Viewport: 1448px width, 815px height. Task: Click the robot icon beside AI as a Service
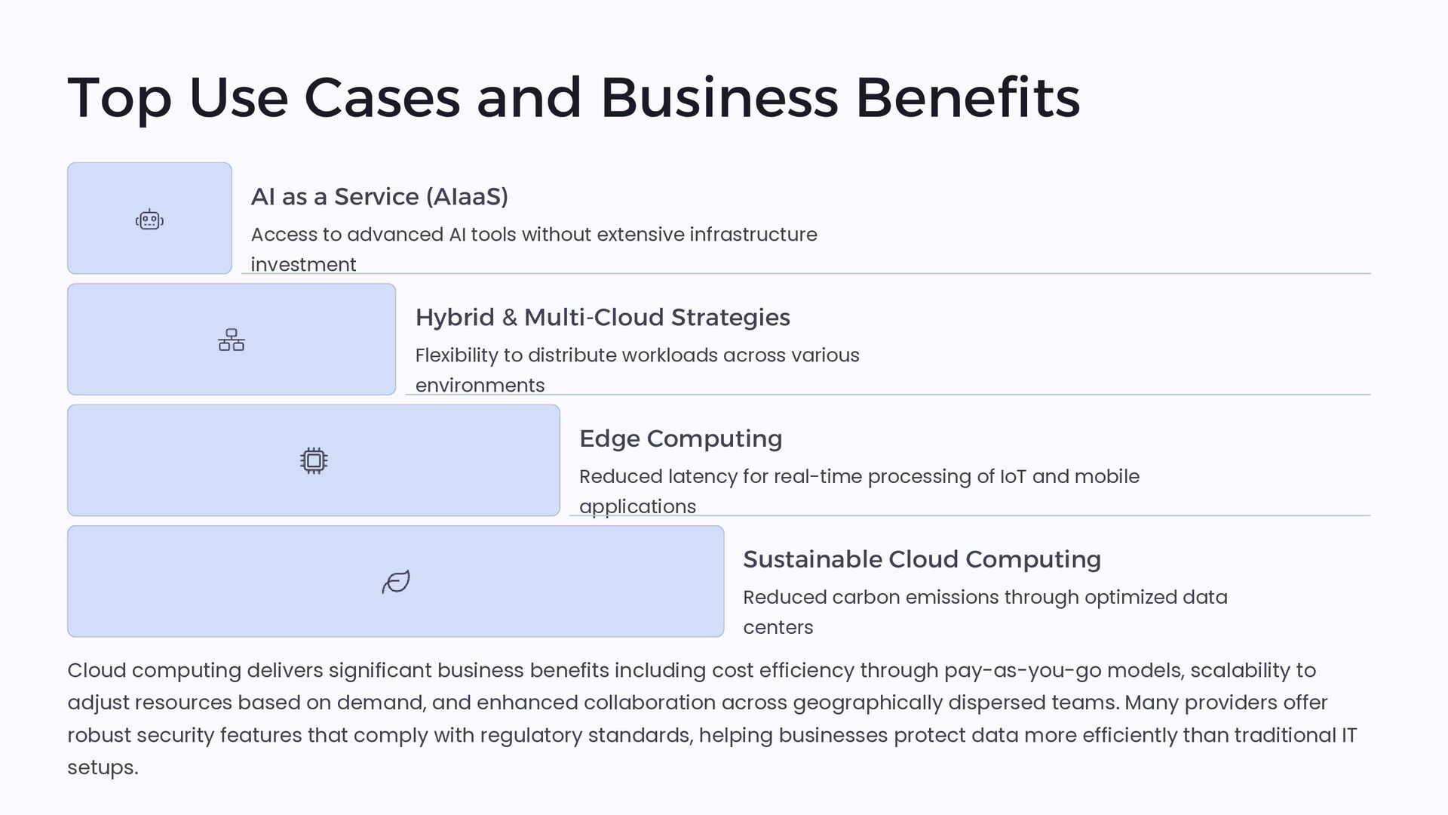click(149, 220)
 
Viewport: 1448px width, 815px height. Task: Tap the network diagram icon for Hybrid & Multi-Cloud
click(232, 340)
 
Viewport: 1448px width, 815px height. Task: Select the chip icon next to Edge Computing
click(314, 461)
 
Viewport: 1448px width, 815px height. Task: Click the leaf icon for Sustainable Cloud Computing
click(396, 582)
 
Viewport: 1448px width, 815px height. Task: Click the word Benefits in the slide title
click(968, 98)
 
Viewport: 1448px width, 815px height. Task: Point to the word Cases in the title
click(382, 98)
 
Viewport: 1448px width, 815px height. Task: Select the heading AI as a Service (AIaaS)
click(379, 197)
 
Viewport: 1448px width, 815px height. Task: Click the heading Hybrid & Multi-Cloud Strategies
click(603, 318)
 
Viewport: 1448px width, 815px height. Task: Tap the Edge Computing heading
click(680, 438)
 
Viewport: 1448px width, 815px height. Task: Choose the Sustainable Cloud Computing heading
click(922, 559)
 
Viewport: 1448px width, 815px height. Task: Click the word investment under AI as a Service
click(303, 265)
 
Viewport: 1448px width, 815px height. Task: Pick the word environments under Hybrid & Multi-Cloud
click(480, 386)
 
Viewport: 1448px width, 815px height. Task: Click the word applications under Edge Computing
click(637, 506)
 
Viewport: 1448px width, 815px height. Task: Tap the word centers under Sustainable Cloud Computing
click(778, 627)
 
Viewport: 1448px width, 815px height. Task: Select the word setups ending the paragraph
click(102, 767)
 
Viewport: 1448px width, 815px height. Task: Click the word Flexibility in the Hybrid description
click(456, 355)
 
